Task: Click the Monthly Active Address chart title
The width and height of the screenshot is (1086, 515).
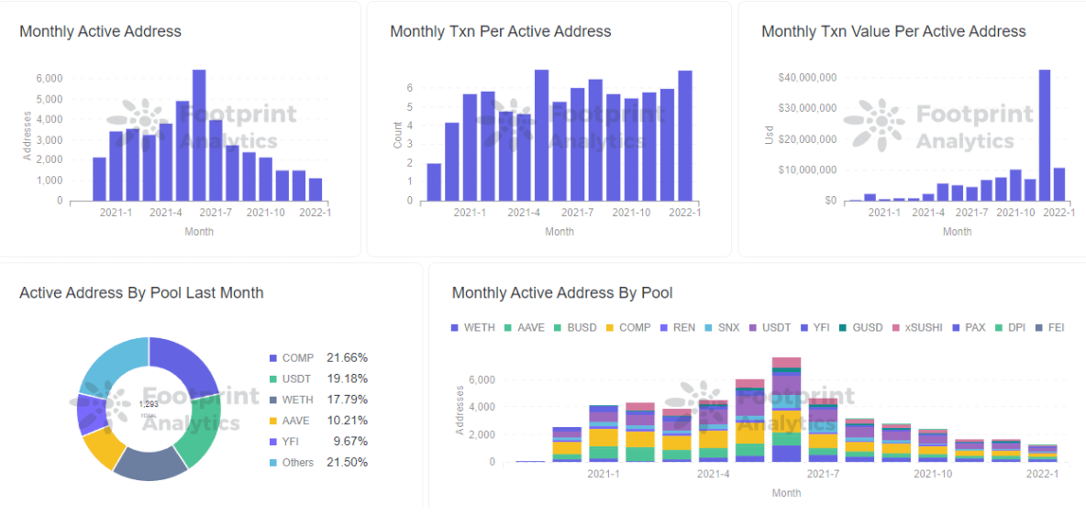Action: point(100,31)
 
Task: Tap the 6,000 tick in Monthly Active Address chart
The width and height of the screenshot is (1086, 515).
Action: point(49,79)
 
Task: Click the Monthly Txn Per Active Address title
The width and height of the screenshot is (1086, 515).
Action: point(500,31)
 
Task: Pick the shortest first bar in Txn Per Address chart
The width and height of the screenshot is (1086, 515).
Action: point(434,182)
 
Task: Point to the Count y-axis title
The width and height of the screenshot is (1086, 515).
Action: point(397,136)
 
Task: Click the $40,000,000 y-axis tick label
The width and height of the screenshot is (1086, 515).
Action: point(806,78)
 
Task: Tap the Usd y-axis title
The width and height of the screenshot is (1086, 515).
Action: point(769,136)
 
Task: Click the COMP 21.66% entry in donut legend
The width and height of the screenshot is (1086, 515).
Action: point(317,358)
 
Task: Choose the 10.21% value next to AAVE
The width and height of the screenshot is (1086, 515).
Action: point(347,421)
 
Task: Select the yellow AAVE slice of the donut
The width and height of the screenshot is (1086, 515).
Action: point(103,447)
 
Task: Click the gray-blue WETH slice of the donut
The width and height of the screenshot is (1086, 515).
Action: point(150,464)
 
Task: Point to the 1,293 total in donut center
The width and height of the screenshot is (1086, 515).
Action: point(148,404)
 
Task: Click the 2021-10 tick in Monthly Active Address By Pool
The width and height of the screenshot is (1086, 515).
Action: point(932,475)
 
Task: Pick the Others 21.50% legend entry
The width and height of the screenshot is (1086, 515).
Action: point(317,463)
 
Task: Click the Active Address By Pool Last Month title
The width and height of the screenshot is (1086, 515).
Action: point(141,293)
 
